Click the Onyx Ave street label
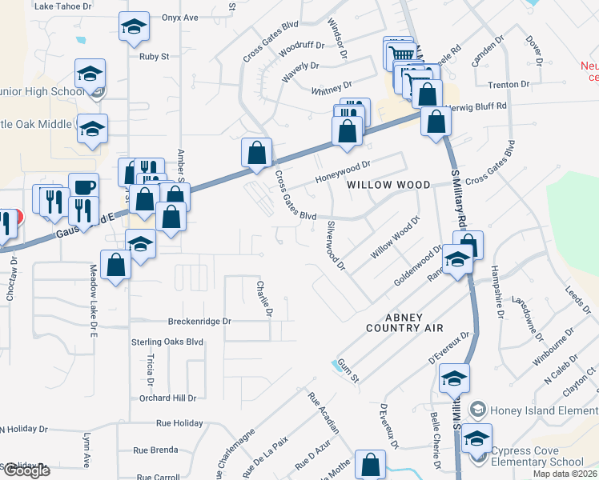pos(179,17)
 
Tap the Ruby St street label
pos(155,57)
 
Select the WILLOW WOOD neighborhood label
pos(388,185)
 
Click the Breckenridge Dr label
pos(199,322)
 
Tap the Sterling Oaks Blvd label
pos(167,342)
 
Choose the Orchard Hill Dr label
pos(167,398)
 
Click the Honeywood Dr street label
pos(344,167)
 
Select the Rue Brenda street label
pos(155,450)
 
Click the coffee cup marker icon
pos(83,188)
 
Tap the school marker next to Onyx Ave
pos(134,26)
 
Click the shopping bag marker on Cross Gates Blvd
pos(257,152)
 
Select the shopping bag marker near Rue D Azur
pos(370,465)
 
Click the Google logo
pos(26,470)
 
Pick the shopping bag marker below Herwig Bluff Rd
pos(436,122)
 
